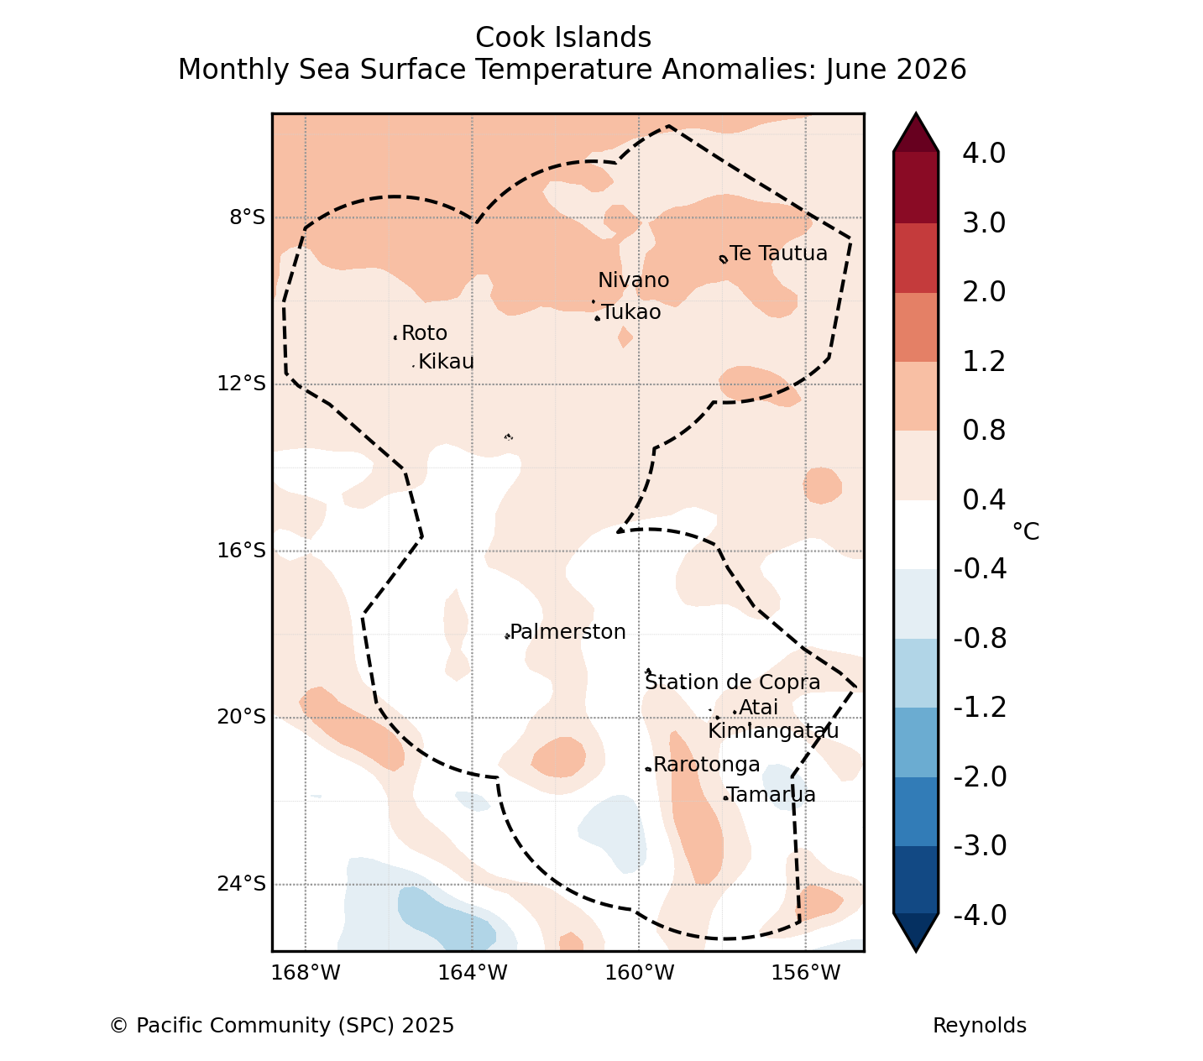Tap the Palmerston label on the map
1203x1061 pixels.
pos(568,632)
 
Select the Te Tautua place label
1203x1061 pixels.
pos(778,253)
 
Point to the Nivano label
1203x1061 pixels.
pos(634,280)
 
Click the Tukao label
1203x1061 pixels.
pos(631,312)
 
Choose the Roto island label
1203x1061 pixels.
pos(425,333)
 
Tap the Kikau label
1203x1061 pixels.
pos(447,362)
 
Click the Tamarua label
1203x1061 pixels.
pos(771,795)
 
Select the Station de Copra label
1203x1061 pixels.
pos(733,682)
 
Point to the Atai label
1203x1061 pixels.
pos(758,708)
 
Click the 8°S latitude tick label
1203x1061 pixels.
pos(248,218)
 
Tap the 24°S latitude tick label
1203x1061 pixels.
pos(241,885)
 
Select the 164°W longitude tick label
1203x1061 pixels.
pos(473,973)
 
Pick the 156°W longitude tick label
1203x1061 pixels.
pos(806,973)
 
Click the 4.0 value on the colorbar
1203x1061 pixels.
pos(984,153)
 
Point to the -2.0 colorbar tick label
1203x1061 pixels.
pos(980,777)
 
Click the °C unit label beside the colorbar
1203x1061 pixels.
pos(1026,532)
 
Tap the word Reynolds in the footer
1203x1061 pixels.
pos(979,1026)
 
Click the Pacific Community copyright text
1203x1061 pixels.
pos(282,1026)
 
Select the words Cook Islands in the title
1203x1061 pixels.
pos(563,38)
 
